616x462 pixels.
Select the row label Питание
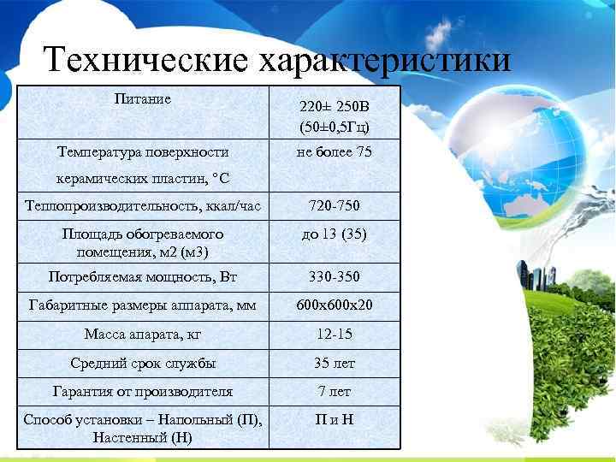(143, 98)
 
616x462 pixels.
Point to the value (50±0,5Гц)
(335, 128)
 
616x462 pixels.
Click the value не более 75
(335, 152)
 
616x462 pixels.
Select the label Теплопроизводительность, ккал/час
(142, 206)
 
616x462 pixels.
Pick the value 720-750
(335, 206)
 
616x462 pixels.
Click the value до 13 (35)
(335, 234)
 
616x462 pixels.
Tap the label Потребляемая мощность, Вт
(143, 276)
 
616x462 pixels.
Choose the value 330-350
(335, 276)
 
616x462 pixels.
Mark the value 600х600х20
(335, 305)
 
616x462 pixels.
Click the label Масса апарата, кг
(143, 334)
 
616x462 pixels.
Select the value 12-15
(335, 334)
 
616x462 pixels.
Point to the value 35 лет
(335, 363)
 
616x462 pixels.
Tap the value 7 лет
(335, 391)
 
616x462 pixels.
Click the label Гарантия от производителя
(143, 391)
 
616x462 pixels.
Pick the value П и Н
(335, 420)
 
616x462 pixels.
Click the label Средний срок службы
(143, 363)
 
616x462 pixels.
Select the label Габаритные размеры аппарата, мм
(143, 305)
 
